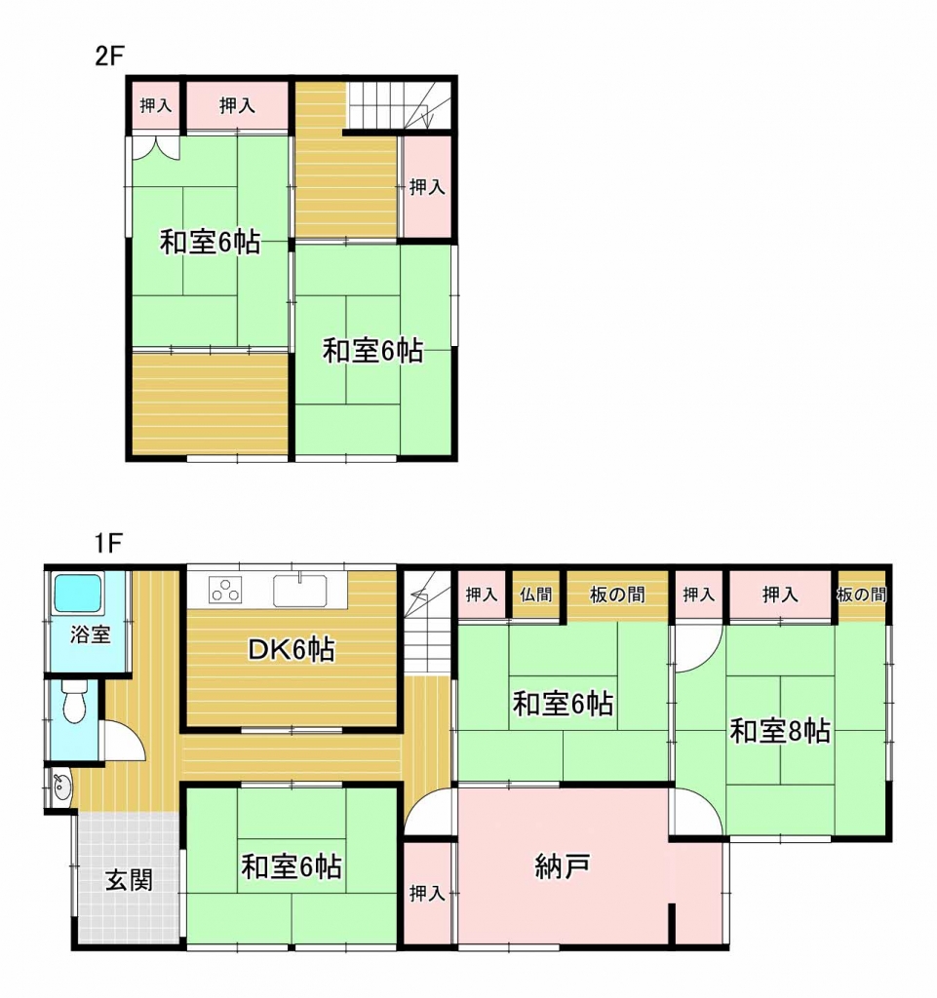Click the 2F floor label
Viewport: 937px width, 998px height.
[109, 56]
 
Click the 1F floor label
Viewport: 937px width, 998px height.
[108, 543]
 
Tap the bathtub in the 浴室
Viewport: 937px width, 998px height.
[78, 594]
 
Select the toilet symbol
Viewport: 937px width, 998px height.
[75, 699]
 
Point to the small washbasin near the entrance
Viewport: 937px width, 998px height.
[61, 788]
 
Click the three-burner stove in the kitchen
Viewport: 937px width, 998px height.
[225, 590]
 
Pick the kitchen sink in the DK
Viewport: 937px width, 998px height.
[299, 590]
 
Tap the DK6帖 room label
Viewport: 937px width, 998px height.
[291, 649]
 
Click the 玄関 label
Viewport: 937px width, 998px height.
[130, 880]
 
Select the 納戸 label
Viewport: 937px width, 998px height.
[562, 866]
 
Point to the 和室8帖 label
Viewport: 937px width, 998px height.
[780, 731]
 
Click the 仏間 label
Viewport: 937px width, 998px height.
[535, 595]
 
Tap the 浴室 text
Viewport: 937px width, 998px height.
[91, 633]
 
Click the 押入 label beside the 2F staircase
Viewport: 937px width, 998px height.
[426, 186]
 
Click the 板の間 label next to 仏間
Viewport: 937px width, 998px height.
[617, 595]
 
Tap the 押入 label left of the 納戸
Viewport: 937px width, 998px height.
[426, 893]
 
